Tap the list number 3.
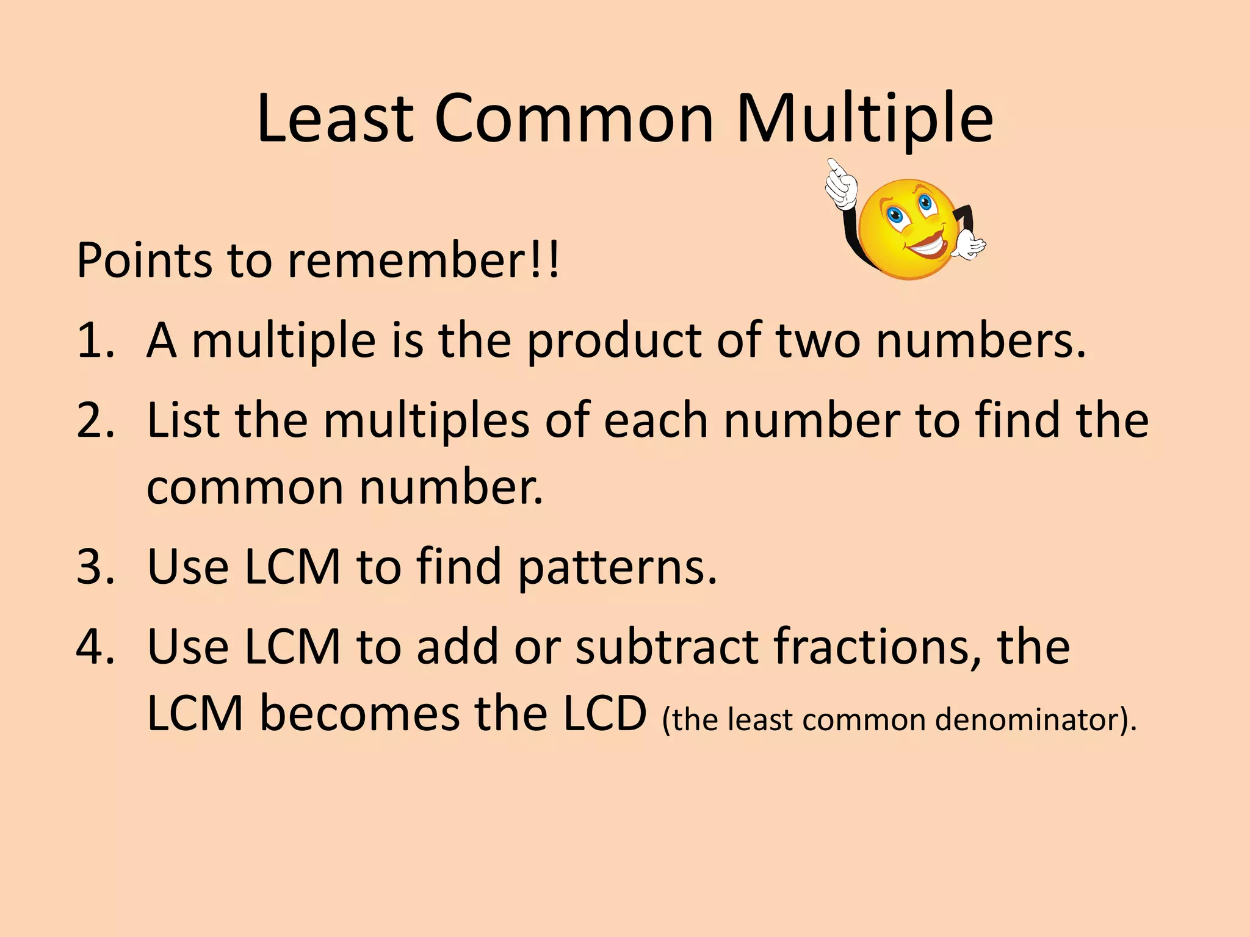click(x=95, y=567)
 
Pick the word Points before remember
click(x=144, y=260)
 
